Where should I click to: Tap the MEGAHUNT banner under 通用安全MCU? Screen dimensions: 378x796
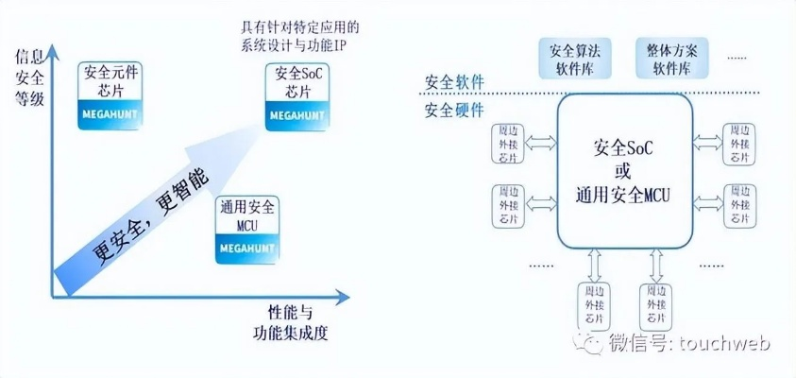point(246,248)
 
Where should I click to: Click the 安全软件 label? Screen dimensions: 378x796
point(454,82)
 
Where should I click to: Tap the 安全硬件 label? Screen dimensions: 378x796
point(454,111)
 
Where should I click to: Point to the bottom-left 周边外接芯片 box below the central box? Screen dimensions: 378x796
point(593,306)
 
